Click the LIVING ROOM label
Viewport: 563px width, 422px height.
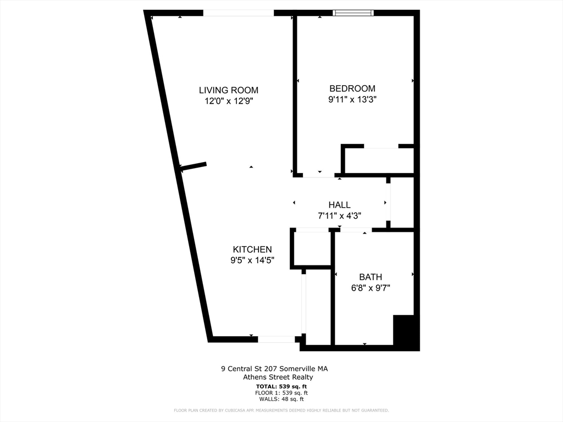pyautogui.click(x=228, y=90)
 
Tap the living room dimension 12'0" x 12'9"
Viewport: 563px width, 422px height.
pyautogui.click(x=228, y=101)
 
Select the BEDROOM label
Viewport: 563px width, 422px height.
pyautogui.click(x=352, y=88)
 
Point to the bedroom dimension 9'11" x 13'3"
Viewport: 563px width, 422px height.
pyautogui.click(x=352, y=99)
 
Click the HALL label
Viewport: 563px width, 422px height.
pyautogui.click(x=339, y=205)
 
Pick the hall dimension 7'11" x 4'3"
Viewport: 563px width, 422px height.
pyautogui.click(x=339, y=216)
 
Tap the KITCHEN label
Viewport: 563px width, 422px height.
pyautogui.click(x=252, y=249)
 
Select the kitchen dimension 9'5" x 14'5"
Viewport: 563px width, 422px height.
pyautogui.click(x=252, y=260)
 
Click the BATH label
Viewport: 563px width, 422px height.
pyautogui.click(x=371, y=277)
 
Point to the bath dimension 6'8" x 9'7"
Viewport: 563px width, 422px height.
pyautogui.click(x=371, y=288)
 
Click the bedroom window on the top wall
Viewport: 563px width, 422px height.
pyautogui.click(x=354, y=13)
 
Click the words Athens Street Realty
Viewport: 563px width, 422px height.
pyautogui.click(x=278, y=377)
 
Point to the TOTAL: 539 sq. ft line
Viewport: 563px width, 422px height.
pyautogui.click(x=281, y=386)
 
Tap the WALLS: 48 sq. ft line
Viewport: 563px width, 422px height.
pyautogui.click(x=281, y=399)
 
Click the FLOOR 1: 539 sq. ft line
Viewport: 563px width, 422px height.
pyautogui.click(x=281, y=393)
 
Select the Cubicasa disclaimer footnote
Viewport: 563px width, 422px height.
pyautogui.click(x=281, y=410)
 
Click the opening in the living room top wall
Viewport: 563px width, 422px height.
pyautogui.click(x=238, y=13)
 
